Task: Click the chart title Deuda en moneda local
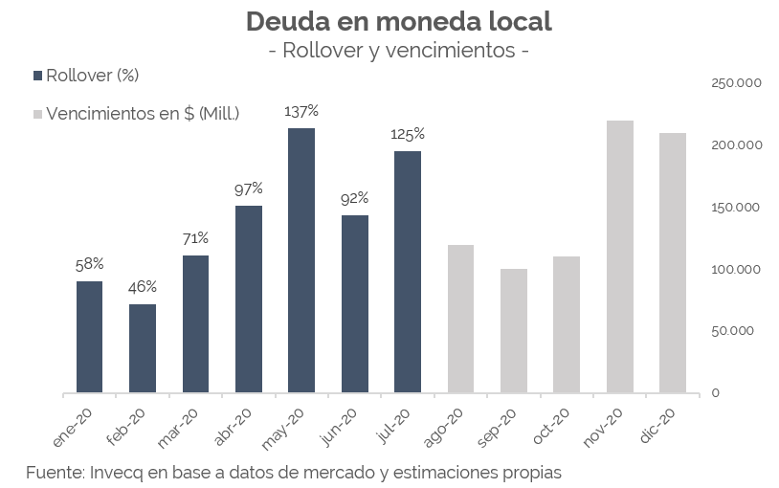click(399, 20)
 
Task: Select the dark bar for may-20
click(301, 260)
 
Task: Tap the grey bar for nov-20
click(619, 256)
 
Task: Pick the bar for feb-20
click(143, 348)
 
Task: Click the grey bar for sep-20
click(514, 330)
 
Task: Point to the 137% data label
click(301, 111)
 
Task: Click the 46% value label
click(143, 286)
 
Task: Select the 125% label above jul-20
click(407, 134)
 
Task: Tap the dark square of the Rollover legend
click(37, 76)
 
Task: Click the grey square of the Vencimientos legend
click(37, 114)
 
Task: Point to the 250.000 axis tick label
click(735, 83)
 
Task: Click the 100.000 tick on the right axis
click(735, 269)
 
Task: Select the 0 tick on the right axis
click(715, 393)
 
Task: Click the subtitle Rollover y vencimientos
click(399, 50)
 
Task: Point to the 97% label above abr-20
click(248, 189)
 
